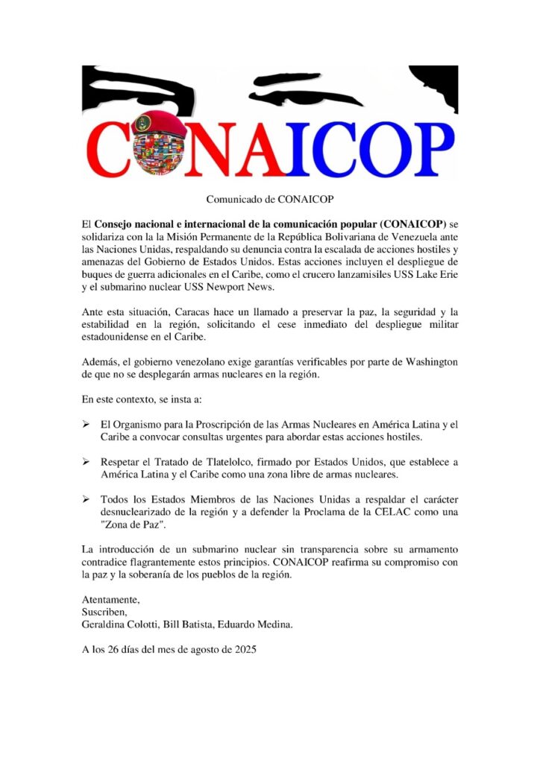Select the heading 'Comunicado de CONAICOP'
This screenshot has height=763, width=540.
pos(269,200)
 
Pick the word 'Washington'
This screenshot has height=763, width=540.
pos(427,362)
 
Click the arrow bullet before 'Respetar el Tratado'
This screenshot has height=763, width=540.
pos(87,462)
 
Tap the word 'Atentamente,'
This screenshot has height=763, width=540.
pos(111,600)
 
